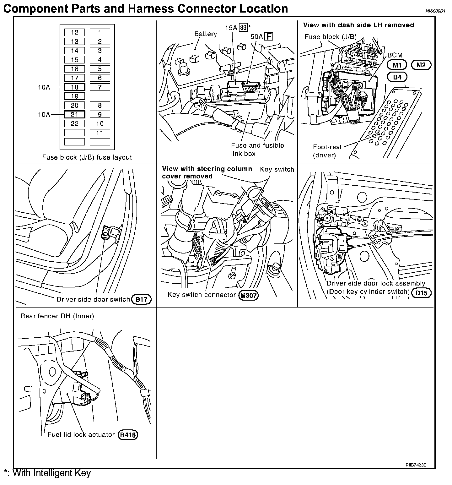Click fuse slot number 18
pyautogui.click(x=75, y=87)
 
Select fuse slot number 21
pyautogui.click(x=75, y=115)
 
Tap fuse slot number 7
pyautogui.click(x=100, y=87)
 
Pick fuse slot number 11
pyautogui.click(x=100, y=133)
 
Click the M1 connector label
pyautogui.click(x=397, y=65)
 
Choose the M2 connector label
pyautogui.click(x=421, y=65)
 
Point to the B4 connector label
pyautogui.click(x=397, y=77)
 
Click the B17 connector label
pyautogui.click(x=142, y=299)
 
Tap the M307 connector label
pyautogui.click(x=249, y=295)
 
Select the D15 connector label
pyautogui.click(x=422, y=293)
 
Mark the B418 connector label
pyautogui.click(x=128, y=435)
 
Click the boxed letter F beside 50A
pyautogui.click(x=269, y=37)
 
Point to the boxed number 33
pyautogui.click(x=243, y=28)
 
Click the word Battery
pyautogui.click(x=206, y=34)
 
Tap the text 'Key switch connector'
pyautogui.click(x=202, y=295)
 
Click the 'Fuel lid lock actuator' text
pyautogui.click(x=81, y=435)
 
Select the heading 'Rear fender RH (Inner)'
pyautogui.click(x=57, y=316)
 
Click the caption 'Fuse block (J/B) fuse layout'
pyautogui.click(x=87, y=157)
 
